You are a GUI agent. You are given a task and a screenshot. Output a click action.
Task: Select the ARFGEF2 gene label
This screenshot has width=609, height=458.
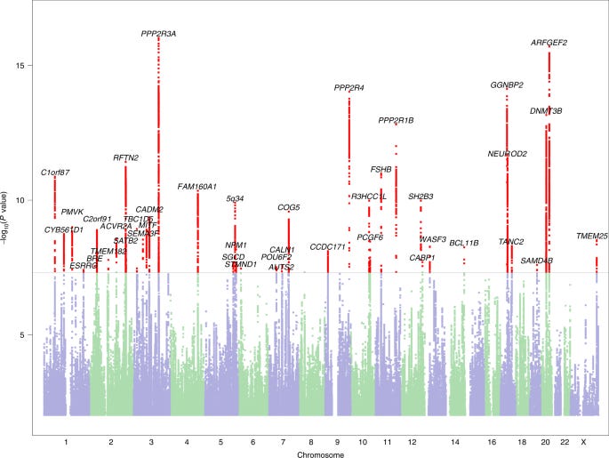click(549, 43)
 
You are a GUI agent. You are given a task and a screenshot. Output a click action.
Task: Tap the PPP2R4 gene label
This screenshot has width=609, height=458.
click(349, 88)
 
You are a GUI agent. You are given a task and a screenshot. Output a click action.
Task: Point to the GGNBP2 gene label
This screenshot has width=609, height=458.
click(507, 85)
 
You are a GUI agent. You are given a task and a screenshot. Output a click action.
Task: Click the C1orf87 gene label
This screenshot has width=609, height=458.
click(55, 172)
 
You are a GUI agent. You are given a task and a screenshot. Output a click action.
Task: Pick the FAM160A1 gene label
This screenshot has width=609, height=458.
click(197, 187)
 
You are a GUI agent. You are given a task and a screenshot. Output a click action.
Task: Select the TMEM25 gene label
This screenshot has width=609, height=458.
click(591, 236)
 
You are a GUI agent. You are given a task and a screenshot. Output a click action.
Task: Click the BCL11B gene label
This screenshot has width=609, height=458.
click(464, 243)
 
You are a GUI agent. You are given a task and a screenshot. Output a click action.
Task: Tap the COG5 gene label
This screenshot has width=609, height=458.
click(289, 207)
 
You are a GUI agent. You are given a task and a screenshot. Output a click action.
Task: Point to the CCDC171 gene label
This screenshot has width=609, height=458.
click(327, 246)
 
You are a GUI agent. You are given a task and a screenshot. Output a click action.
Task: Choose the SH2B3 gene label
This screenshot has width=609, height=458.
click(421, 196)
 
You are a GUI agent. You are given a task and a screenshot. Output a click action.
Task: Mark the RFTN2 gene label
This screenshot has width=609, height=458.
click(125, 157)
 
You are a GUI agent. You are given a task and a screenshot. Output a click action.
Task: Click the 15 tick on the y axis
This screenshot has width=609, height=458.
click(27, 66)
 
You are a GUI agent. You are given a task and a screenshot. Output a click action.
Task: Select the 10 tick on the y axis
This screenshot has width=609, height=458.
click(27, 200)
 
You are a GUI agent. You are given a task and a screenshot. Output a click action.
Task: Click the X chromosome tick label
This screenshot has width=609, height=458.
click(583, 442)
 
